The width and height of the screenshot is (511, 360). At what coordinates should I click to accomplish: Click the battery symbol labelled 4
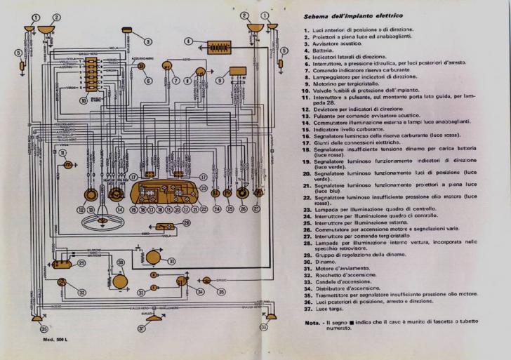(217, 47)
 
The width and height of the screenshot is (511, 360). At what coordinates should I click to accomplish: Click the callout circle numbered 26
(243, 210)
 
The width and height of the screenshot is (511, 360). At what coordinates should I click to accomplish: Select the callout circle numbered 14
(119, 210)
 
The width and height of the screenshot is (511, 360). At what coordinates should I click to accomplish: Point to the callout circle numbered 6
(148, 81)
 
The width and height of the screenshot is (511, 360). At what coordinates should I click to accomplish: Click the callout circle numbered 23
(203, 189)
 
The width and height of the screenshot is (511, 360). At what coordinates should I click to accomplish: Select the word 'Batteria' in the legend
(325, 48)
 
